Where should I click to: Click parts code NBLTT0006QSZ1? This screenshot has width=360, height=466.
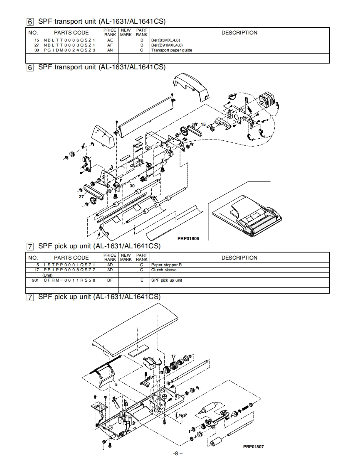tap(69, 40)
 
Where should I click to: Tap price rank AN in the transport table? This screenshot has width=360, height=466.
tap(110, 50)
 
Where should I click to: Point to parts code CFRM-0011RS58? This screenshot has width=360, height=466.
tap(69, 280)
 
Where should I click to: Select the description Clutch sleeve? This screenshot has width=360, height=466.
tap(163, 270)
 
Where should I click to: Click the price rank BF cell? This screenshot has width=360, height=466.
tap(110, 280)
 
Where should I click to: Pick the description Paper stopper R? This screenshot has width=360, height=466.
tap(166, 265)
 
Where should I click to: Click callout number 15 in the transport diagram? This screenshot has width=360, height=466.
tap(203, 124)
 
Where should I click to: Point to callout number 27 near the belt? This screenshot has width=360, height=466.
tap(81, 196)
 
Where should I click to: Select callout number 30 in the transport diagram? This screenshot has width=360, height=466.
tap(132, 186)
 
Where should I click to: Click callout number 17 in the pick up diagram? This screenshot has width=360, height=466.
tap(173, 356)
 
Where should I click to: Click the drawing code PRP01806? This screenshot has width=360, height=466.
tap(188, 239)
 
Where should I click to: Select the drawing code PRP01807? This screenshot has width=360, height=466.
tap(253, 446)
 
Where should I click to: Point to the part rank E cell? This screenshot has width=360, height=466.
tap(141, 280)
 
